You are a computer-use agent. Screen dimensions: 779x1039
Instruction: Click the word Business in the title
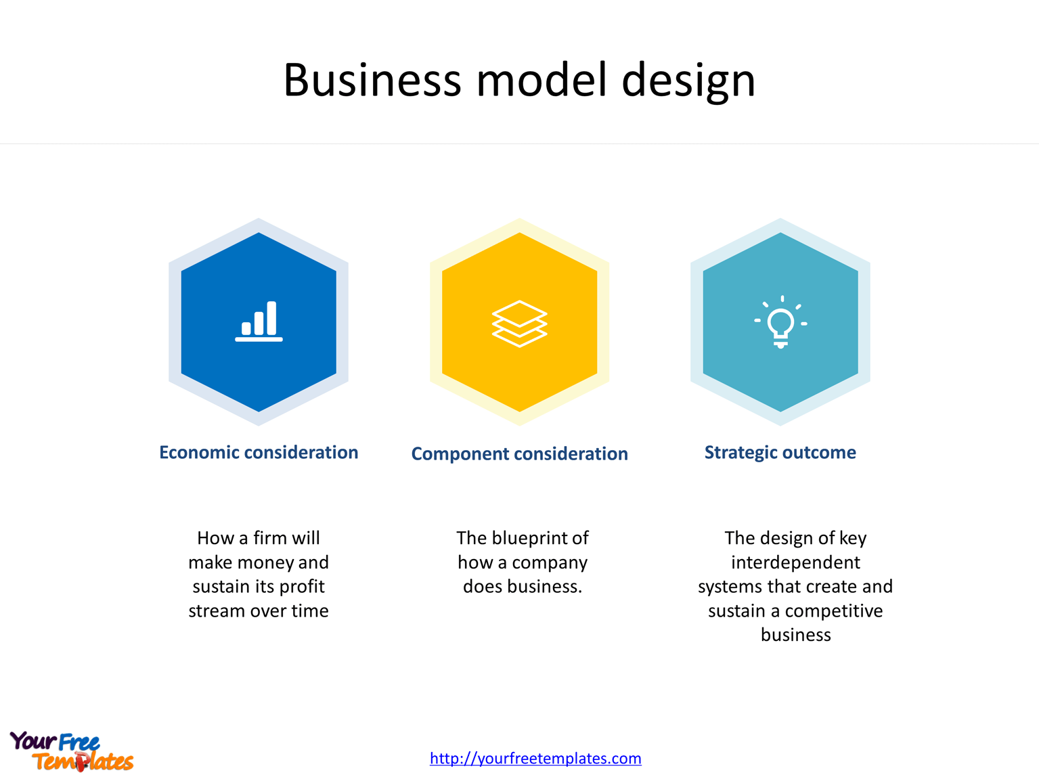(x=372, y=80)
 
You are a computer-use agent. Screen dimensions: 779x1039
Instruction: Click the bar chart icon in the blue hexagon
(x=259, y=321)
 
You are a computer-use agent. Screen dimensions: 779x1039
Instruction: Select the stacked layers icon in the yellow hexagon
(x=519, y=323)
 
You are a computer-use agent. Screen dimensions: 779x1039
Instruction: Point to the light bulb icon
(x=780, y=322)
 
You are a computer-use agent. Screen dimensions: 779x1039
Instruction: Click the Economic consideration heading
(x=259, y=452)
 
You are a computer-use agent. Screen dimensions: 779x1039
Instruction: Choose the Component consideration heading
(x=519, y=453)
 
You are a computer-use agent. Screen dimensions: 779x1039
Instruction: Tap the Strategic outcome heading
(x=780, y=452)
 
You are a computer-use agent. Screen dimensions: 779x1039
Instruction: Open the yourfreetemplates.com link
(x=535, y=758)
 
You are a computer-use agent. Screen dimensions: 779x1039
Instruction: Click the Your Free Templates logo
(x=71, y=751)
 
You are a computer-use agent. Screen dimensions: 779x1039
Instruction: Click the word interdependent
(x=795, y=562)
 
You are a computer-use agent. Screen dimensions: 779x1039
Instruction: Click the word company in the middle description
(x=550, y=563)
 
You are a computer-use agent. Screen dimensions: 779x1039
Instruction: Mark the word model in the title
(x=541, y=80)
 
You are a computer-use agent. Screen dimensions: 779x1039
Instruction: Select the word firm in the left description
(x=269, y=538)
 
